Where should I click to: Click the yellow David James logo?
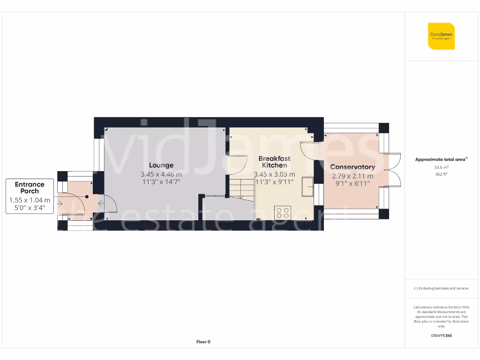click(441, 36)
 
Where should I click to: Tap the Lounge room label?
click(161, 165)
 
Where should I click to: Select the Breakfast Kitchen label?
click(274, 162)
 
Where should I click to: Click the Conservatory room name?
click(352, 167)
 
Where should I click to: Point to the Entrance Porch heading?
click(30, 187)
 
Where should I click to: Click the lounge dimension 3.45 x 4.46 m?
click(161, 174)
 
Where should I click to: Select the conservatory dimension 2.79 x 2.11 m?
click(352, 176)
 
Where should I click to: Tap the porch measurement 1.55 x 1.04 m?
click(30, 200)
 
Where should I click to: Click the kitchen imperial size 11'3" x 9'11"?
click(274, 182)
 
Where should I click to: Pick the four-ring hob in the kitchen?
click(283, 212)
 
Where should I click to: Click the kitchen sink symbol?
click(308, 187)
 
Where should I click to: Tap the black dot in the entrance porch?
click(87, 197)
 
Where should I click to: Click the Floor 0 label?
click(203, 342)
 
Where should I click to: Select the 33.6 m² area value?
click(441, 167)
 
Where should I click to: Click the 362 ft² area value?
click(441, 174)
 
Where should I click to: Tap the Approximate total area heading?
click(441, 159)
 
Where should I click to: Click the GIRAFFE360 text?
click(441, 336)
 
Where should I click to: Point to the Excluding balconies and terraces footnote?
click(441, 288)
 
